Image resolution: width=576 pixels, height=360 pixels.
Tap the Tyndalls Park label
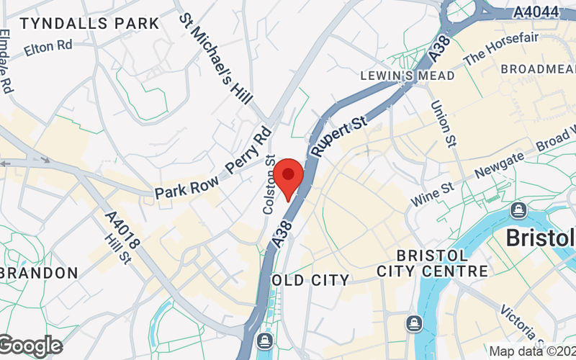[x=90, y=23]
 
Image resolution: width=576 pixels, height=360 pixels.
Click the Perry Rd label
[x=248, y=151]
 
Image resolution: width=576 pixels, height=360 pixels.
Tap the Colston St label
[x=269, y=184]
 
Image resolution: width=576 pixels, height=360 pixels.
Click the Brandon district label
[x=40, y=273]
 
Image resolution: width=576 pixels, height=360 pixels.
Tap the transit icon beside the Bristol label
[x=517, y=210]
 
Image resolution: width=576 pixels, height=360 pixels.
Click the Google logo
[x=31, y=346]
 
